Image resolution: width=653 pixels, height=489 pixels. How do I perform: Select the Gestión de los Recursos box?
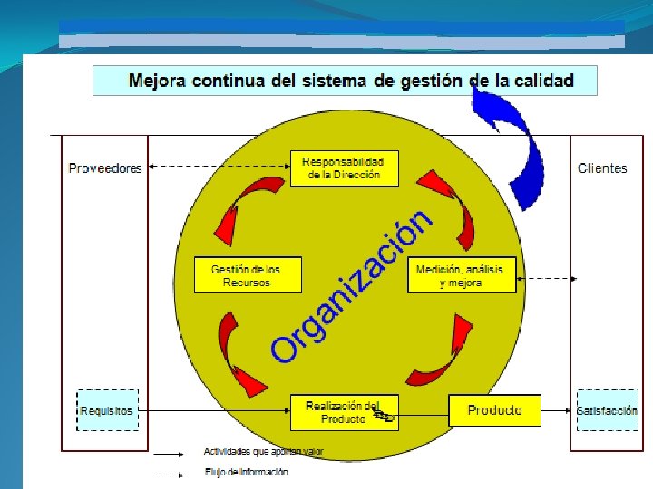click(246, 275)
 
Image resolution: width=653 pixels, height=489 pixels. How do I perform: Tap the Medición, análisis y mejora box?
click(461, 275)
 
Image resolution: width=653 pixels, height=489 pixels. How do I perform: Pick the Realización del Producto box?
click(344, 412)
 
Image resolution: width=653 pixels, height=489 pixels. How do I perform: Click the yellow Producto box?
click(494, 410)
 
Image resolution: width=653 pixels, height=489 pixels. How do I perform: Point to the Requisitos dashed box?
click(106, 410)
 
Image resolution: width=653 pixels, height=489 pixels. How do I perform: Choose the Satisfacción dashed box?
click(607, 410)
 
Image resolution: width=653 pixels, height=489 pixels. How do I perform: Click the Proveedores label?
click(105, 168)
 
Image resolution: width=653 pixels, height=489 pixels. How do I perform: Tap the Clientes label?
click(602, 168)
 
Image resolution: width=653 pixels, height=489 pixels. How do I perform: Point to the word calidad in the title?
click(541, 81)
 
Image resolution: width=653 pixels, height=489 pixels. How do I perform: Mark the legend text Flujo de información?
click(246, 471)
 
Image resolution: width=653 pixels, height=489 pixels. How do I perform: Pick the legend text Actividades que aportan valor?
click(263, 451)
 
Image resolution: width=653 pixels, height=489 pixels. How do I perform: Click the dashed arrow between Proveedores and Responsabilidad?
click(218, 167)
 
